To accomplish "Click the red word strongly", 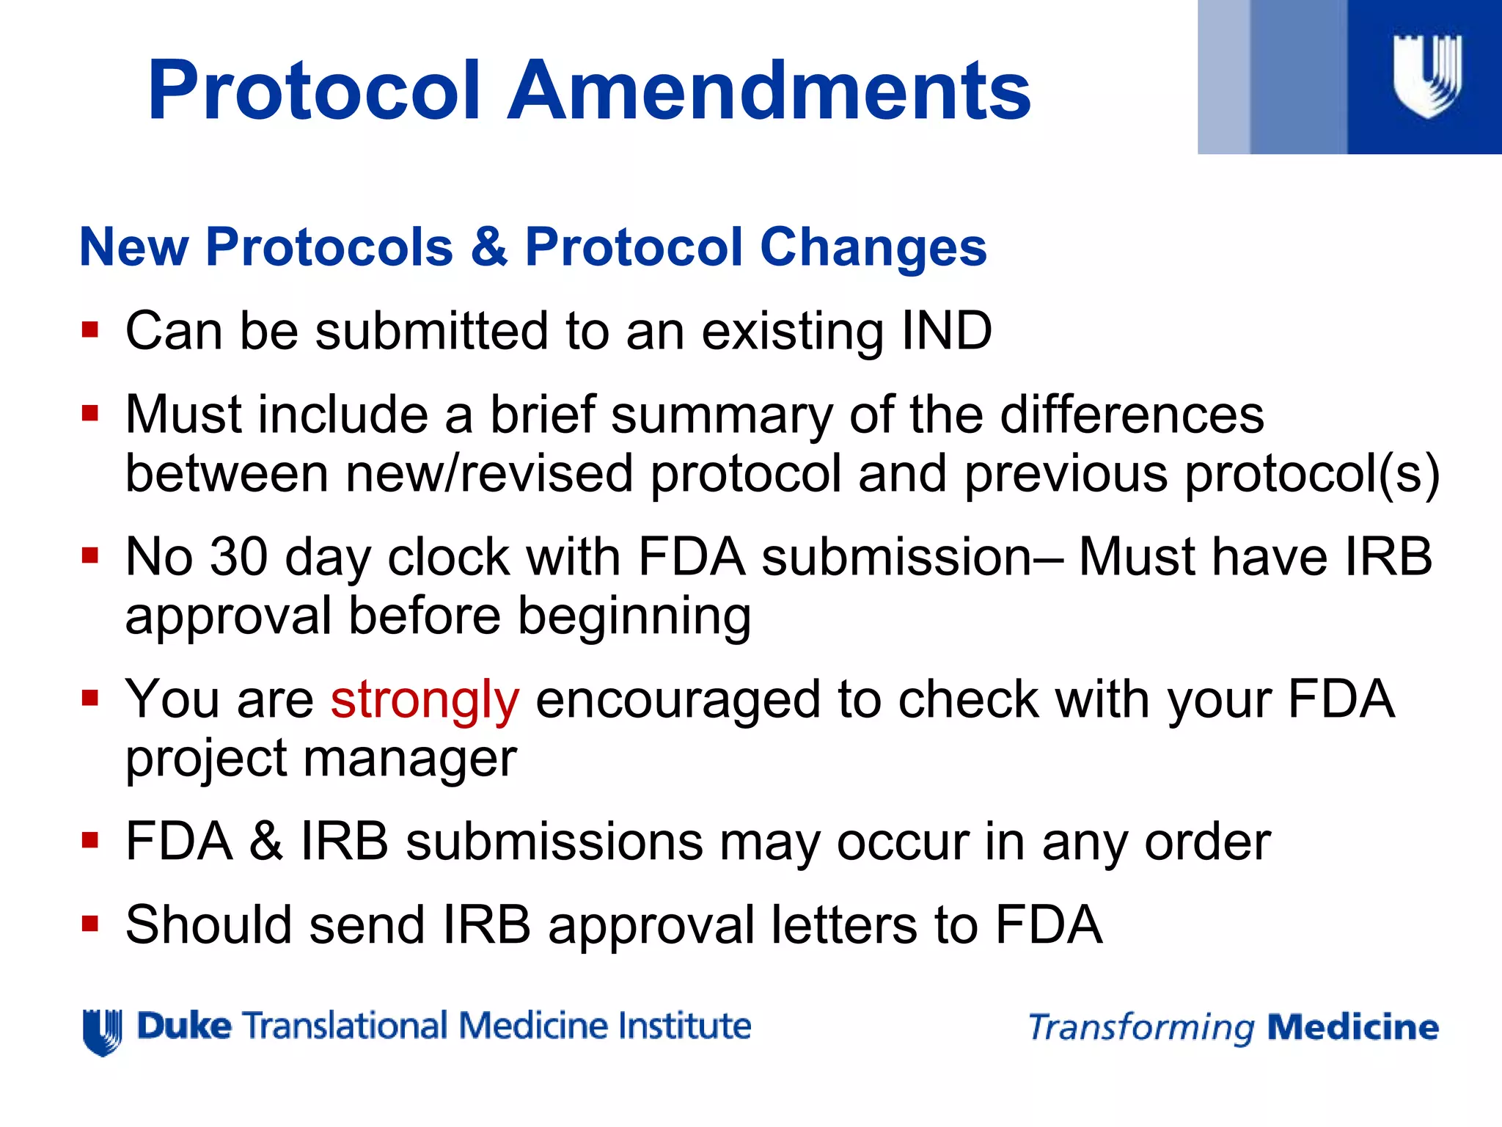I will coord(425,701).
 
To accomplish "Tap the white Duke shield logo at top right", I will coord(1426,76).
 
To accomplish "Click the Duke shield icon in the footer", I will coord(102,1032).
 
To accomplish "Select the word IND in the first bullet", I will coord(946,332).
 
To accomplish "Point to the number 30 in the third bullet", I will coord(238,557).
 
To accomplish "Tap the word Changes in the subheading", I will coord(873,247).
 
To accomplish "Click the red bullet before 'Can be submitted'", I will coord(90,329).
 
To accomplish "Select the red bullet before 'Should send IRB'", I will coord(90,923).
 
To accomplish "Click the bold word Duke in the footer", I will coord(184,1026).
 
